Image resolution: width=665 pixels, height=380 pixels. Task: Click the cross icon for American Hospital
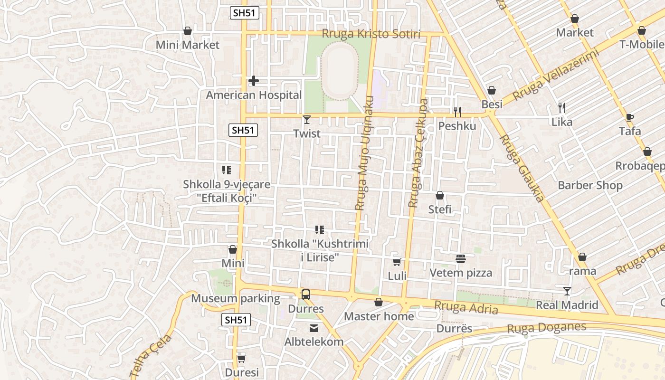254,81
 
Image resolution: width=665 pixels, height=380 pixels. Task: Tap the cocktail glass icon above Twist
307,120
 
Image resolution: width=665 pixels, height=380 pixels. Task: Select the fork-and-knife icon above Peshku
457,112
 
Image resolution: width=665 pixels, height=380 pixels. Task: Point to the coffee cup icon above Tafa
630,117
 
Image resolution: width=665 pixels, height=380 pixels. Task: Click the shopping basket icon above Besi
492,90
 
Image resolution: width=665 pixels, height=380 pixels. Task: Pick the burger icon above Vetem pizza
460,259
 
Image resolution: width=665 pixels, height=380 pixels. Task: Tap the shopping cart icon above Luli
397,262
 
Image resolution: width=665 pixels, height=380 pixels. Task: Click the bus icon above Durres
306,294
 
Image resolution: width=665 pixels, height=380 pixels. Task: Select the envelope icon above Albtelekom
313,328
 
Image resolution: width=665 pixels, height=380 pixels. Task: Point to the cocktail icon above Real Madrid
567,291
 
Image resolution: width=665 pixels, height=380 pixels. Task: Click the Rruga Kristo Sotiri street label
371,34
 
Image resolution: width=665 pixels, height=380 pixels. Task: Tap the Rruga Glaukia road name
522,168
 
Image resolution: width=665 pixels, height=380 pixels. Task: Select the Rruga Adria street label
466,308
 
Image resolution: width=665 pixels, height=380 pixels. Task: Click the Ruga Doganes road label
546,328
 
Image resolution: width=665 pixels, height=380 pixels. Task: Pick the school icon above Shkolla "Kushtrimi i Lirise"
320,230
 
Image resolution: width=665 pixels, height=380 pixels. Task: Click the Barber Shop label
590,185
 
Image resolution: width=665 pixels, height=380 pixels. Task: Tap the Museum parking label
236,299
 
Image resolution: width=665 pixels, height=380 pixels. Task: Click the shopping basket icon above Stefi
440,195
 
